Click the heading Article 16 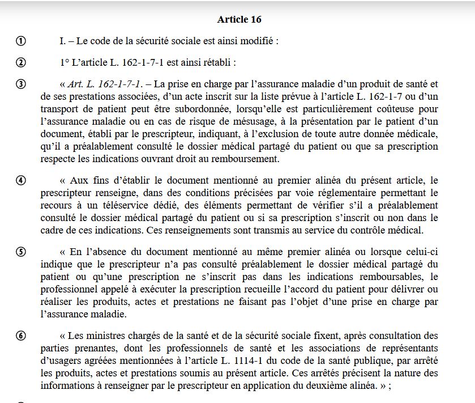239,19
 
